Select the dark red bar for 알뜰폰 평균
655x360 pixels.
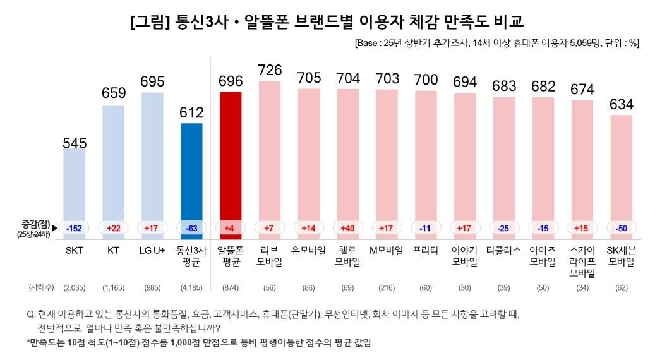click(x=230, y=158)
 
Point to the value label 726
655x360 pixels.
click(x=270, y=69)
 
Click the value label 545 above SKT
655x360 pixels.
click(x=74, y=143)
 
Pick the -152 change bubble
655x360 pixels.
click(x=74, y=227)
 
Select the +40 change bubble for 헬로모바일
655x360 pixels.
click(x=347, y=227)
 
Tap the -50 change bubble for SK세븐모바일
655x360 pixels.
click(x=621, y=227)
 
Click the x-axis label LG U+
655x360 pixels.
click(x=152, y=250)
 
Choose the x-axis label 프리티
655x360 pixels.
click(x=426, y=250)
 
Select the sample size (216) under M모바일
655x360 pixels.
click(x=387, y=287)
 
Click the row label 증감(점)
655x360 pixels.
click(x=34, y=224)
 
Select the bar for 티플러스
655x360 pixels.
click(x=503, y=164)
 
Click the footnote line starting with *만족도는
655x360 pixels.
click(x=198, y=343)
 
